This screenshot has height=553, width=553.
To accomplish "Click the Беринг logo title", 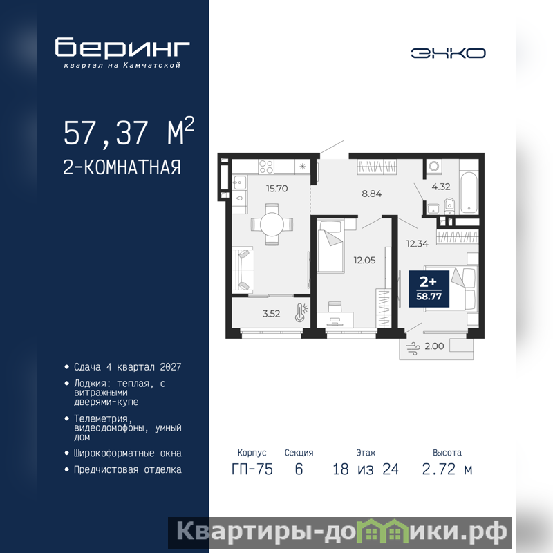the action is [122, 47].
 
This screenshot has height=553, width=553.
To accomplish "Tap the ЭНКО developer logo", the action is [448, 53].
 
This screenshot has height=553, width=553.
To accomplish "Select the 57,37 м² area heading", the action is [129, 131].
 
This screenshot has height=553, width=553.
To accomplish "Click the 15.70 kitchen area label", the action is [277, 189].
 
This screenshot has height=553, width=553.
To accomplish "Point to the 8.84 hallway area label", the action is [372, 194].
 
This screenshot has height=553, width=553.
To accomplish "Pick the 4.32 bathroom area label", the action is [441, 187].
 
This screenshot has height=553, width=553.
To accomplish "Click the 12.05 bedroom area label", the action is [365, 261].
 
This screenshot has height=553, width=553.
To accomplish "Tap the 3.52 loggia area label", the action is [271, 314].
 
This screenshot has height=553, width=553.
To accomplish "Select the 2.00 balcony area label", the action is [434, 346].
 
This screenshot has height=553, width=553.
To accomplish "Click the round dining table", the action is [272, 224].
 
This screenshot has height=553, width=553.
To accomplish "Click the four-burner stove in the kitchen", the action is [266, 167].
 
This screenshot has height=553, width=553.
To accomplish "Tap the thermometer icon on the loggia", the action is [301, 312].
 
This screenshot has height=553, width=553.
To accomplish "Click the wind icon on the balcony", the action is [413, 348].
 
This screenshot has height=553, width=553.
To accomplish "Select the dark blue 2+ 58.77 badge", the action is [429, 289].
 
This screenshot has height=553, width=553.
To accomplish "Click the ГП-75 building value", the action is [252, 469].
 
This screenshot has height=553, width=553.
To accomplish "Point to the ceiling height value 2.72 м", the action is [447, 469].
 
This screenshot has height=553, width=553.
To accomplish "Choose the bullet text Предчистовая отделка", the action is [128, 470].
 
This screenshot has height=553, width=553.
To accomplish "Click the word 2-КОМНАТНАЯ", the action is [122, 167].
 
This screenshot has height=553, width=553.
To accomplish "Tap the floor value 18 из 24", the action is [366, 469].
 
